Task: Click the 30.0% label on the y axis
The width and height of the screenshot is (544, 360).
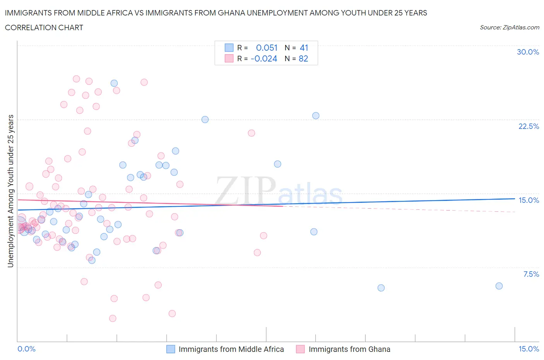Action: [528, 52]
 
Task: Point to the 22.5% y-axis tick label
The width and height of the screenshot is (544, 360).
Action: [529, 126]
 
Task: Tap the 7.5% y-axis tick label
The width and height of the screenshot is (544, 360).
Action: [531, 274]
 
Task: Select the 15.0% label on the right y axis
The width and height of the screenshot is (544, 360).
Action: [529, 200]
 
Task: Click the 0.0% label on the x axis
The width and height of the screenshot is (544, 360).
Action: [26, 349]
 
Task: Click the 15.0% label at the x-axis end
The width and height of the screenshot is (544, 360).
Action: [529, 349]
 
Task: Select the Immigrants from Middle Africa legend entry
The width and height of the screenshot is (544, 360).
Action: [231, 349]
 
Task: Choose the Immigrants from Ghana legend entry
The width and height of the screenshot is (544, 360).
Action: [349, 349]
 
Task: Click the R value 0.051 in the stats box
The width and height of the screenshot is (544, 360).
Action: [267, 48]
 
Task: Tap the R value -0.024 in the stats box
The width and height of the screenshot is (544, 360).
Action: [264, 58]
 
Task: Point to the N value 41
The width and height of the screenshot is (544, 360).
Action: [304, 48]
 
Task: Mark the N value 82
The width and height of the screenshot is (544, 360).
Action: [303, 58]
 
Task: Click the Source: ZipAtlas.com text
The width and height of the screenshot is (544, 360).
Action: [509, 27]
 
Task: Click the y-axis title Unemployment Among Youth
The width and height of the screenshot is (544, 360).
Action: [11, 191]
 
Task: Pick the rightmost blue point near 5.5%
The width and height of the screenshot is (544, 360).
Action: [499, 286]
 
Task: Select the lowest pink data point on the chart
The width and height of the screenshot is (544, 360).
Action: [113, 318]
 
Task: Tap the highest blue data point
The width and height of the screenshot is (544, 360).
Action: [114, 83]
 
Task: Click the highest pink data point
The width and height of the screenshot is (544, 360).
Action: [76, 79]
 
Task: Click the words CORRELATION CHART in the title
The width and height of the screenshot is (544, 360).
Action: [44, 27]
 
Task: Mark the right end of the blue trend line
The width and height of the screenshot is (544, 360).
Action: [515, 199]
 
